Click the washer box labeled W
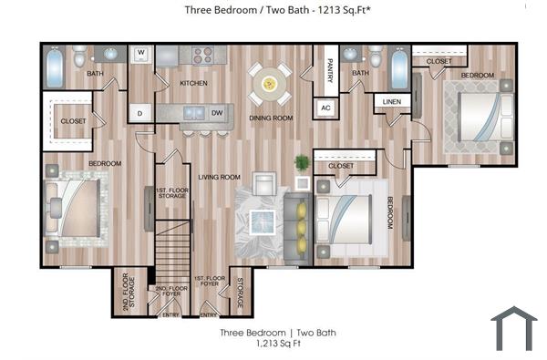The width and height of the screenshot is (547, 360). (x=141, y=54)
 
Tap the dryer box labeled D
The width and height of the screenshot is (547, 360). (x=140, y=114)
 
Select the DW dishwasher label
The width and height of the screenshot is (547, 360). (x=217, y=114)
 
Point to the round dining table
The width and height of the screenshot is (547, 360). (x=271, y=84)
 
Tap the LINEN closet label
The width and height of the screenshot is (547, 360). (x=391, y=101)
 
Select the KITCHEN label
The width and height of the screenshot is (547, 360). (x=193, y=83)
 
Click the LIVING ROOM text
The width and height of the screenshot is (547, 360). (x=219, y=177)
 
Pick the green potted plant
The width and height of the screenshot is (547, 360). (x=302, y=164)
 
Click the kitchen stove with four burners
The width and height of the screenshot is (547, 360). (x=201, y=54)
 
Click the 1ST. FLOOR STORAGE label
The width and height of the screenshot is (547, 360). (x=171, y=193)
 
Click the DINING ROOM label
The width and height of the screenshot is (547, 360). (x=272, y=118)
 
